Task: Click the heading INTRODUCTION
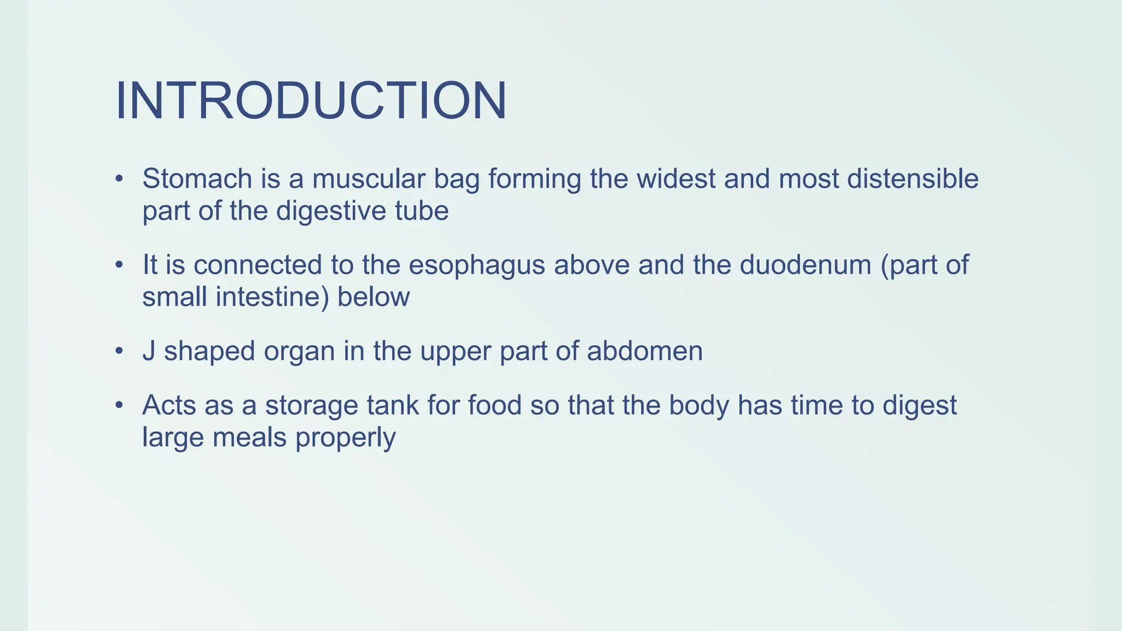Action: [311, 101]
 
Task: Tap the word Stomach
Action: [197, 179]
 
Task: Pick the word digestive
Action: [317, 211]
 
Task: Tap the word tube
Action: [426, 211]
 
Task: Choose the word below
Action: [373, 297]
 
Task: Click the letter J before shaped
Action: [148, 351]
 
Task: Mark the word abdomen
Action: [645, 351]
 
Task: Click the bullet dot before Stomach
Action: [119, 180]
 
